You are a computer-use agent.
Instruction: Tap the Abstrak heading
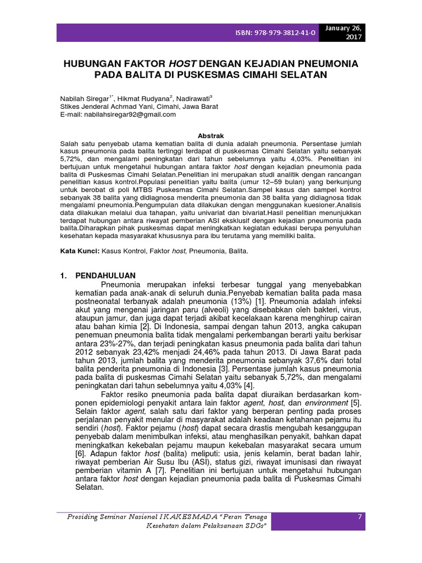210,134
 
